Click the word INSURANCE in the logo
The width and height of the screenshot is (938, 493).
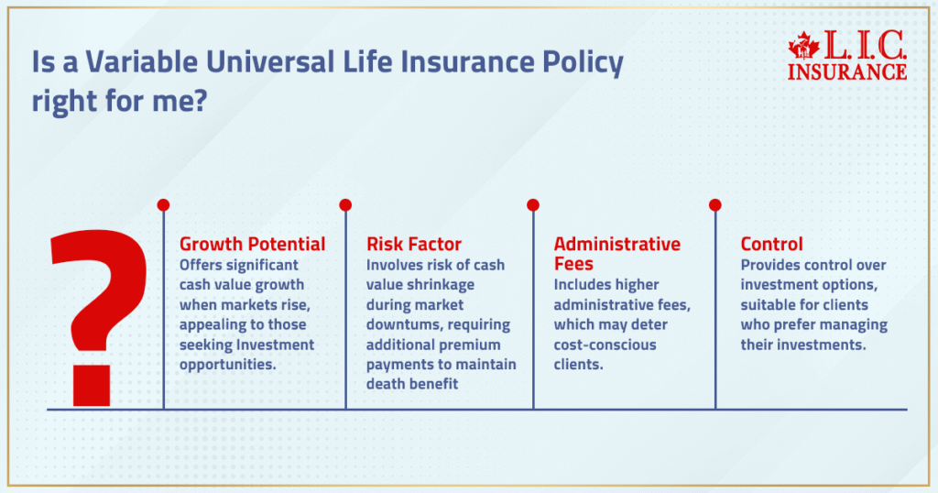pyautogui.click(x=847, y=71)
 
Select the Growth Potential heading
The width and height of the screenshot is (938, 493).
pyautogui.click(x=252, y=244)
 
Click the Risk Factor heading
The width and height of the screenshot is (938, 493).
pyautogui.click(x=414, y=244)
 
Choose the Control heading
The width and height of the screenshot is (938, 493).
pyautogui.click(x=771, y=244)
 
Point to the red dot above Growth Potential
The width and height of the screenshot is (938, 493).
pyautogui.click(x=163, y=204)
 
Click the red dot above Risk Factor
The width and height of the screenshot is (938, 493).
pyautogui.click(x=345, y=204)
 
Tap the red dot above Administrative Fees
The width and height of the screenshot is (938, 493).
pyautogui.click(x=533, y=204)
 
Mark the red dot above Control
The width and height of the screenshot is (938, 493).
pyautogui.click(x=714, y=204)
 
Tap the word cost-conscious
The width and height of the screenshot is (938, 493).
pyautogui.click(x=605, y=345)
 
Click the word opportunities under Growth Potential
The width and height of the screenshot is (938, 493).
pyautogui.click(x=226, y=365)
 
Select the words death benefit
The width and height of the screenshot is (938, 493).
pyautogui.click(x=412, y=385)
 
